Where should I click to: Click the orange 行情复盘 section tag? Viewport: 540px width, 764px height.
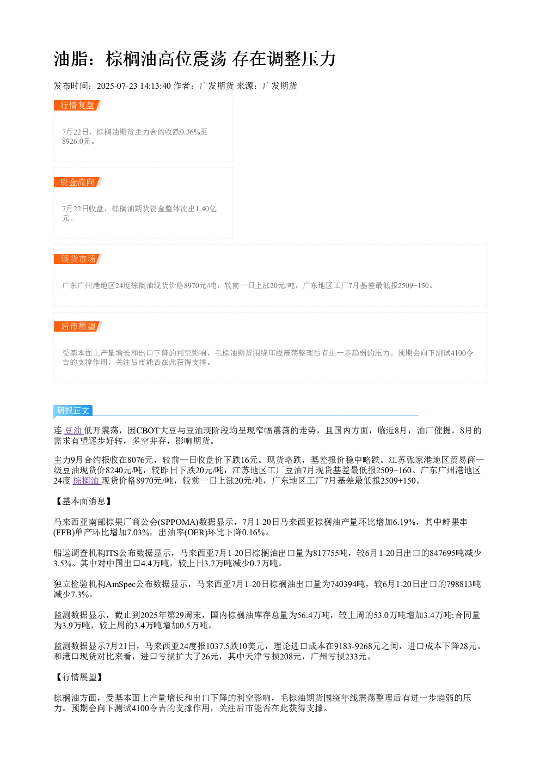78,106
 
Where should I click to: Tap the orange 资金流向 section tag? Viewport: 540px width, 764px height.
78,182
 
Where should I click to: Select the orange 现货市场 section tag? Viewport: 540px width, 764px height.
78,259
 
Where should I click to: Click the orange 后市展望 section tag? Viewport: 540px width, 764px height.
78,326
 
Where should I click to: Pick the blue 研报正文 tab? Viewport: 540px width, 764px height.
73,410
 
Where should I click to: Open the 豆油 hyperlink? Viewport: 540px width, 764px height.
73,430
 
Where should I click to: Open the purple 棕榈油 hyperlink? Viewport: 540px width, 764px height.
87,481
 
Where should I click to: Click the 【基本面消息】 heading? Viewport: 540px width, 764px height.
83,501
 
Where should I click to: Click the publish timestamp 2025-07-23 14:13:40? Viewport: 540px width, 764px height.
133,86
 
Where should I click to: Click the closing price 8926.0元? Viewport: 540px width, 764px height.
76,141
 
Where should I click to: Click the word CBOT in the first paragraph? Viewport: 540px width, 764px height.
148,430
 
